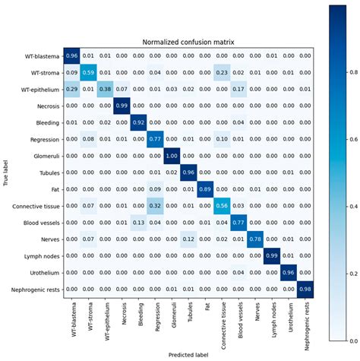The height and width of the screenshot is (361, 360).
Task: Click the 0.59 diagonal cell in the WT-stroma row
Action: click(x=90, y=72)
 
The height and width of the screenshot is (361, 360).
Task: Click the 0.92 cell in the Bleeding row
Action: click(x=141, y=122)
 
